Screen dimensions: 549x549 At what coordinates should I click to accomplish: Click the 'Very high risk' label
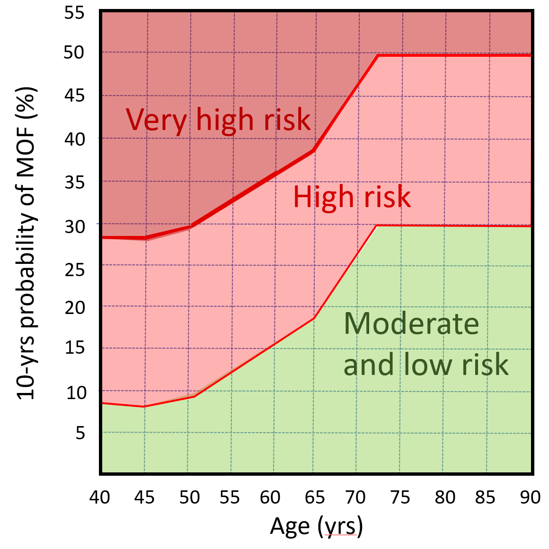(x=218, y=120)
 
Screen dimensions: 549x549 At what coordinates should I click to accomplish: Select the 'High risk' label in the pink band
(x=352, y=197)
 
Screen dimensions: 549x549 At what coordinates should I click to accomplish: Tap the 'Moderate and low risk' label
(x=425, y=344)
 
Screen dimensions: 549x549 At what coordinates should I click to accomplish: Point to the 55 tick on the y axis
(x=74, y=13)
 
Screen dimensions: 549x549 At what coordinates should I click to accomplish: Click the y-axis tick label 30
(x=75, y=227)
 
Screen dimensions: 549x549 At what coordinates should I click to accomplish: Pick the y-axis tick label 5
(x=80, y=432)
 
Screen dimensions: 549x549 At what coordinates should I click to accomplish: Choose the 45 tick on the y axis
(x=74, y=96)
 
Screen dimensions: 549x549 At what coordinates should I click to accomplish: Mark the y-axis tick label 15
(x=75, y=348)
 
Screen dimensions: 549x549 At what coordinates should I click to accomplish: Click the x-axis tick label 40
(x=99, y=497)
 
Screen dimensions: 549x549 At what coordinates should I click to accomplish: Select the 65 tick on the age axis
(x=315, y=497)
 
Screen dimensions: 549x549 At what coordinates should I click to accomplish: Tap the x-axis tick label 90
(x=530, y=497)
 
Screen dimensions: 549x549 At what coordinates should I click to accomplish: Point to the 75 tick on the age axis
(x=400, y=497)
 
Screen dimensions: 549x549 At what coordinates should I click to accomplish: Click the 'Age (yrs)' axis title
(x=316, y=526)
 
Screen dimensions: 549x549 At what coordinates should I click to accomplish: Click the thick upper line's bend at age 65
(x=313, y=151)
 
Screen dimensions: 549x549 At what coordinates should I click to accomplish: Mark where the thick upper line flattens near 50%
(x=378, y=55)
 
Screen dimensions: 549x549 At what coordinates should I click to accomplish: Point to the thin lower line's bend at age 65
(x=313, y=319)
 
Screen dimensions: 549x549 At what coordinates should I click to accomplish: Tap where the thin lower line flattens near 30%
(x=377, y=225)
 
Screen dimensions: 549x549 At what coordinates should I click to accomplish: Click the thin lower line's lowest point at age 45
(x=144, y=406)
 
